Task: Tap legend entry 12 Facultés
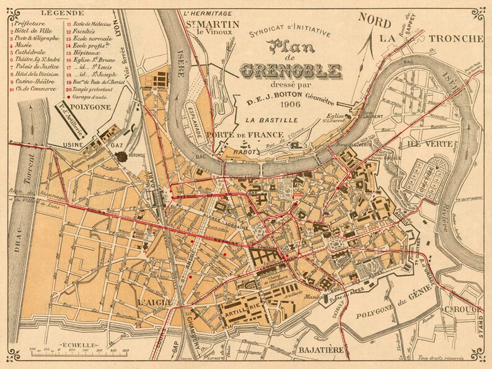click(86, 30)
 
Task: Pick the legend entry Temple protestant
click(94, 89)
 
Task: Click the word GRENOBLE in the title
click(299, 69)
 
